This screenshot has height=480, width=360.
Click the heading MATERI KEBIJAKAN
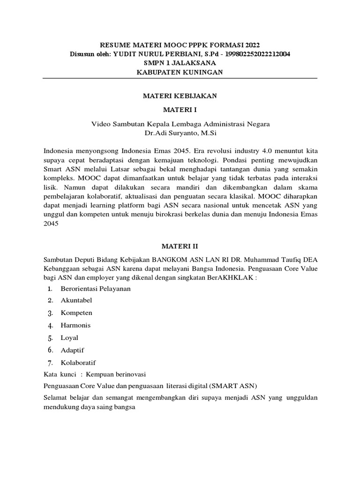[180, 96]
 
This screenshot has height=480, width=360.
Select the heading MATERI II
[180, 245]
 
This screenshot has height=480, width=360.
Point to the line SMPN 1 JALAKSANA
[180, 63]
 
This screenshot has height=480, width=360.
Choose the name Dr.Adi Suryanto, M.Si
[180, 133]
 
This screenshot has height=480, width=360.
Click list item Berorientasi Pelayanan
[96, 288]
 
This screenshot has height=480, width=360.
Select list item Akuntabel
[76, 300]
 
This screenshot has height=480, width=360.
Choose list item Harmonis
[75, 325]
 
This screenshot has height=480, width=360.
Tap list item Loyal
[69, 337]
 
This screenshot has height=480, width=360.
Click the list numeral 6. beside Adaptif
[51, 350]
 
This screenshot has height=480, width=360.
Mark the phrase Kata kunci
[58, 374]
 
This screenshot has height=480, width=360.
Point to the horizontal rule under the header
[180, 78]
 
